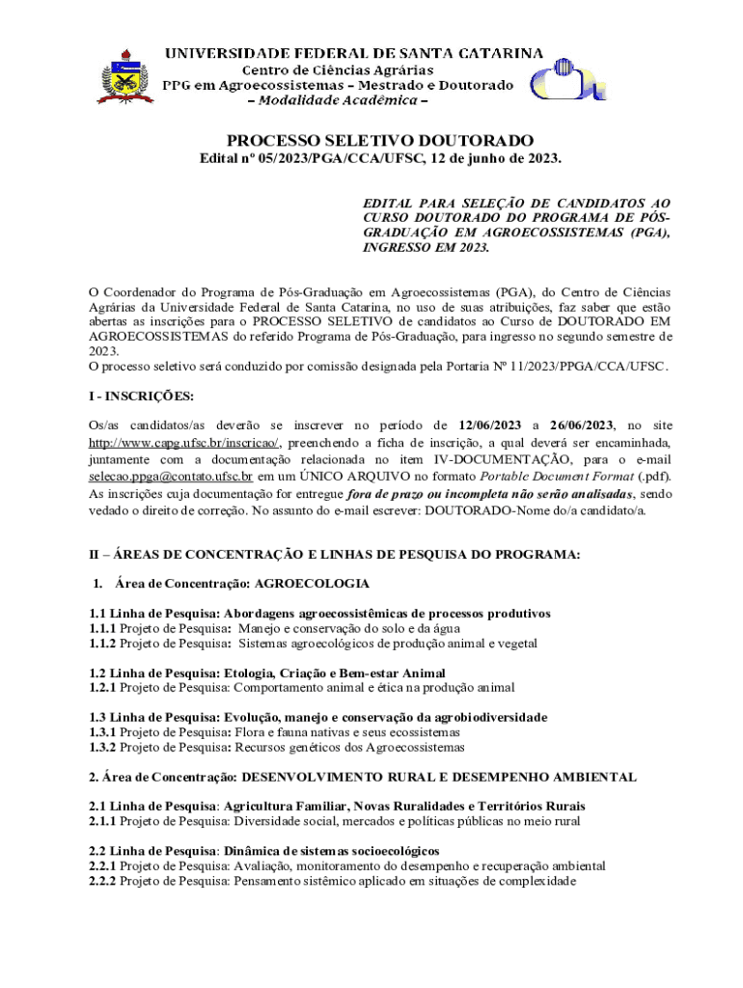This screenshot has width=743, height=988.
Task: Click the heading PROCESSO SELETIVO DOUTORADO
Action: (x=379, y=141)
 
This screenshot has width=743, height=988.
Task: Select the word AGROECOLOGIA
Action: (x=312, y=584)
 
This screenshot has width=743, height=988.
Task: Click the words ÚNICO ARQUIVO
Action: (x=337, y=477)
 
